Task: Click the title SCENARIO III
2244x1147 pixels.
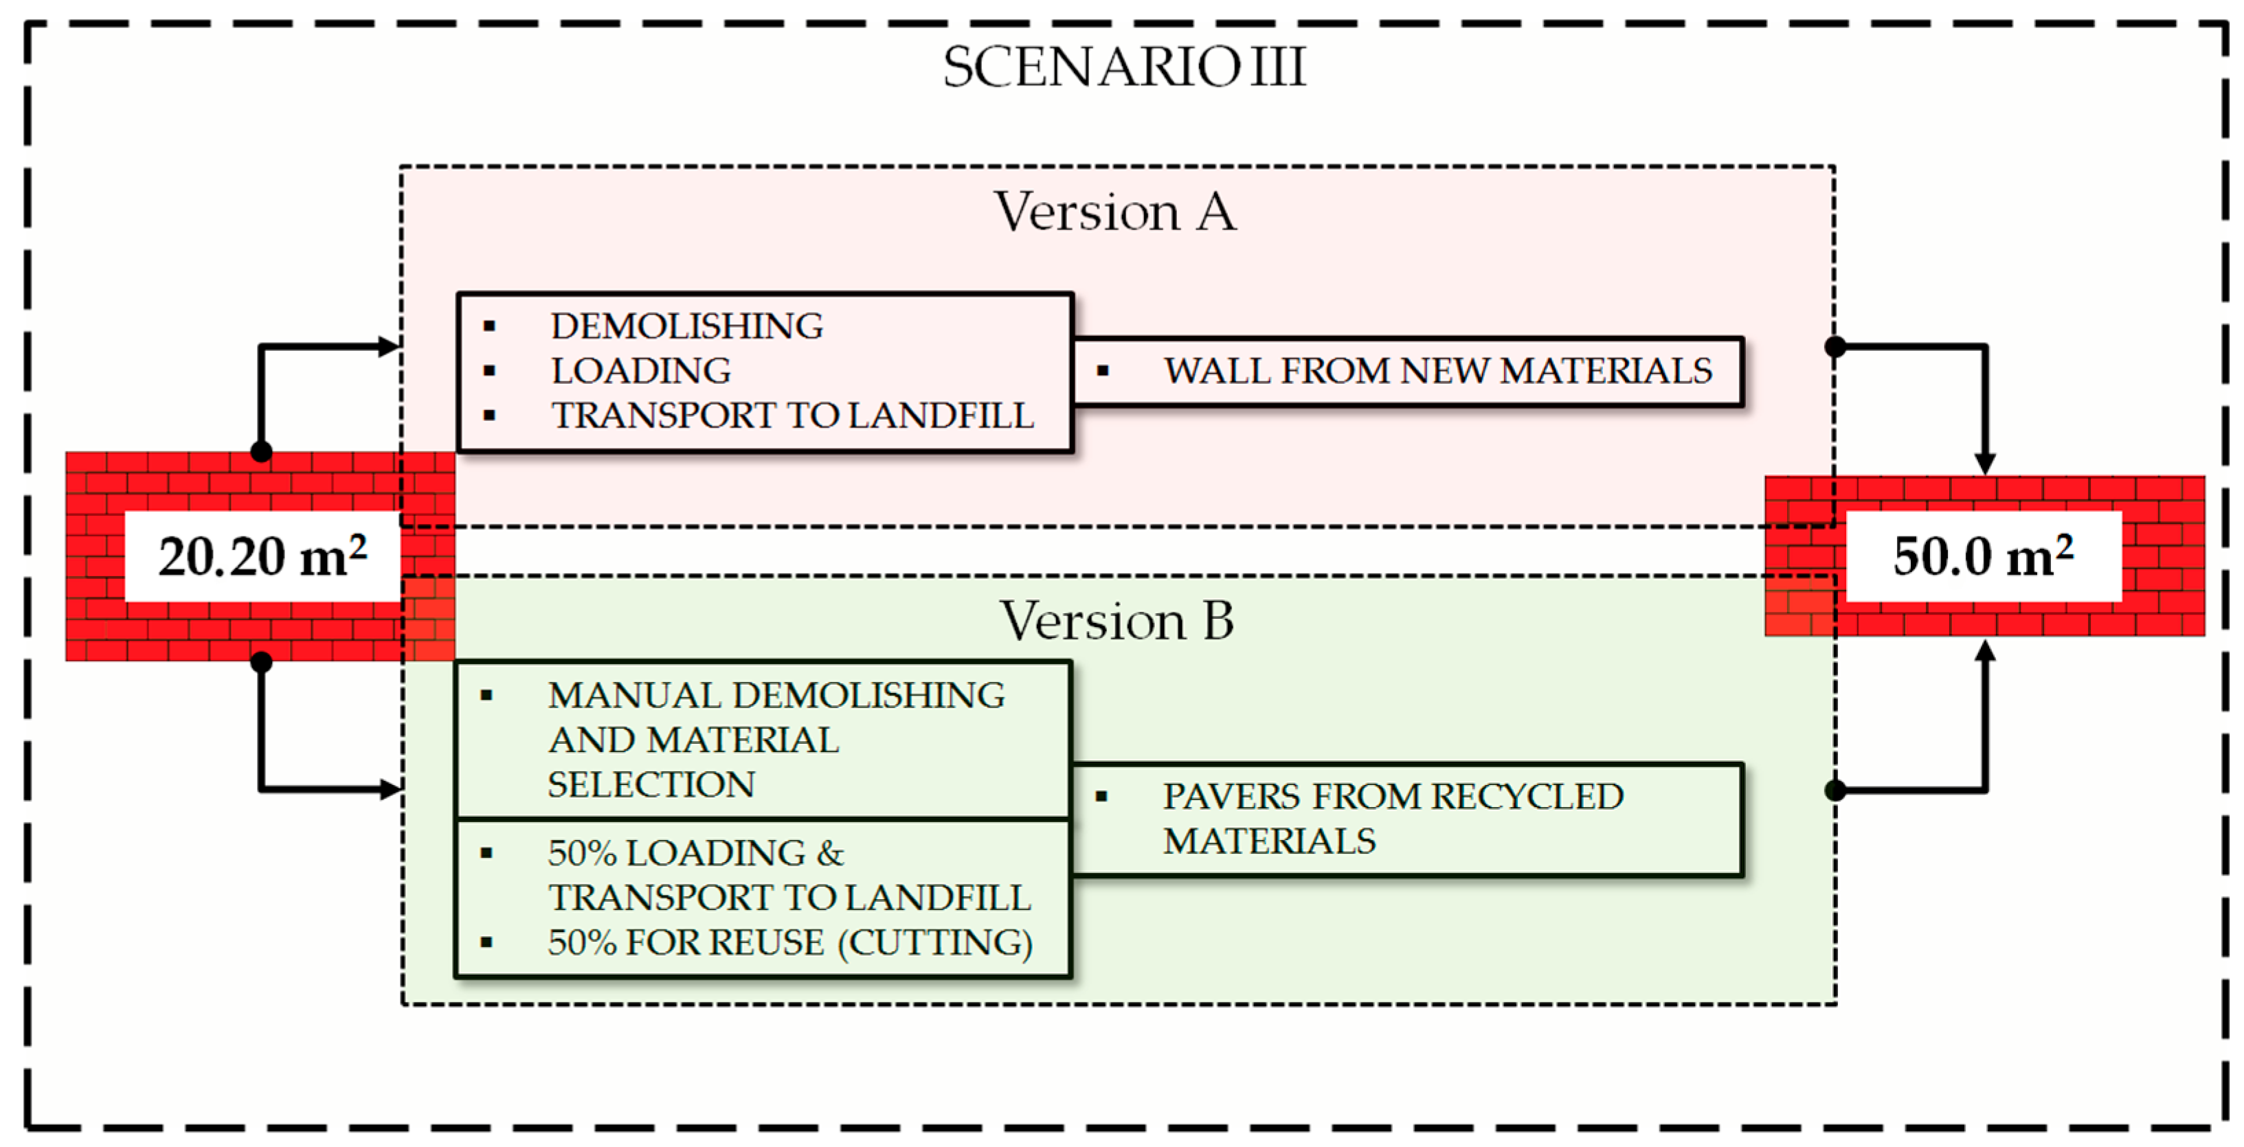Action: tap(1124, 67)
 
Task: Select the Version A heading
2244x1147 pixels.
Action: tap(1115, 212)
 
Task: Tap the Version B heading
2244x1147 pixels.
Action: tap(1116, 621)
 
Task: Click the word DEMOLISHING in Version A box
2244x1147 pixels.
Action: tap(686, 327)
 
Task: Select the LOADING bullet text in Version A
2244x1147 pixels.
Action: tap(640, 371)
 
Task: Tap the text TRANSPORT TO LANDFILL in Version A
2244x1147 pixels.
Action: tap(792, 416)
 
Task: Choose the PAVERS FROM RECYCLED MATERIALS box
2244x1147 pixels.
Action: tap(1406, 819)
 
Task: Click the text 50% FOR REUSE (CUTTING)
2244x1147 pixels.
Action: tap(789, 942)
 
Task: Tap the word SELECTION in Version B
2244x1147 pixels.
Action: tap(651, 784)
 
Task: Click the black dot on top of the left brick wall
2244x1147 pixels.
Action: tap(261, 451)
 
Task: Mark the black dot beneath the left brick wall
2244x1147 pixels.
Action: tap(261, 662)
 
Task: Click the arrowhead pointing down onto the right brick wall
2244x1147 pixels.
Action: tap(1985, 464)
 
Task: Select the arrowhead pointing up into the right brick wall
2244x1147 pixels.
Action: tap(1985, 650)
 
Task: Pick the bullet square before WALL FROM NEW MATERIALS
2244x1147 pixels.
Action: tap(1103, 371)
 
